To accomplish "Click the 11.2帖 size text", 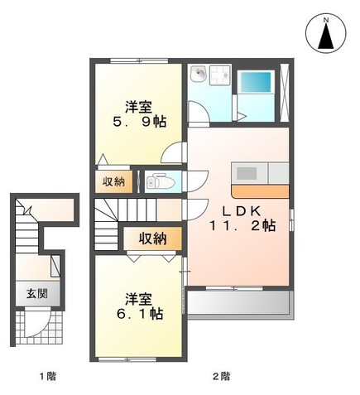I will point(241,224).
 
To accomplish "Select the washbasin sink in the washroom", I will point(199,76).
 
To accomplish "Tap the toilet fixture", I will point(156,181).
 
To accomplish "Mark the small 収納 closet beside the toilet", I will point(114,181).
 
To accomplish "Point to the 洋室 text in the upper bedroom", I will point(138,106).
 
